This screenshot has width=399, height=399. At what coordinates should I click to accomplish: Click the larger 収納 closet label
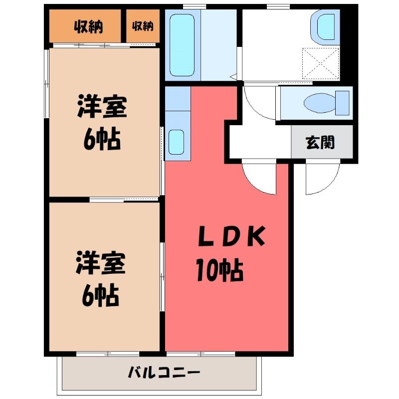point(88,27)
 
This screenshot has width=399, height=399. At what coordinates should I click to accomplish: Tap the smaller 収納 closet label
point(143,26)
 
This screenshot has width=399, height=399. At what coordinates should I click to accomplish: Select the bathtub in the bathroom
point(182,45)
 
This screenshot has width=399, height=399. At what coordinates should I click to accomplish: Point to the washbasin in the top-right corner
point(326,27)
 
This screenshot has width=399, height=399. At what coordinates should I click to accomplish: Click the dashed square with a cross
point(321,64)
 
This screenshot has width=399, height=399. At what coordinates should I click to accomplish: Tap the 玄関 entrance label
point(320,143)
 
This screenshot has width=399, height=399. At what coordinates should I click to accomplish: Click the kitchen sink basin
point(176,142)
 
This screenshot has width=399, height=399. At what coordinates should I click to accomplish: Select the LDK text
point(231,236)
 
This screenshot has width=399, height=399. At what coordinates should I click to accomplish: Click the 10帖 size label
point(219,270)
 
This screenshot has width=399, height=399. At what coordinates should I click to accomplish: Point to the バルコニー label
point(164,373)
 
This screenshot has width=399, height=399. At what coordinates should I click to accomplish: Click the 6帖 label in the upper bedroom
point(102,139)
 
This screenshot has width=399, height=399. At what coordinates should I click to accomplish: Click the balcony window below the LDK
point(201,354)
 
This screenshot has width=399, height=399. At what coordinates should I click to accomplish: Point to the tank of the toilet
point(343,103)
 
